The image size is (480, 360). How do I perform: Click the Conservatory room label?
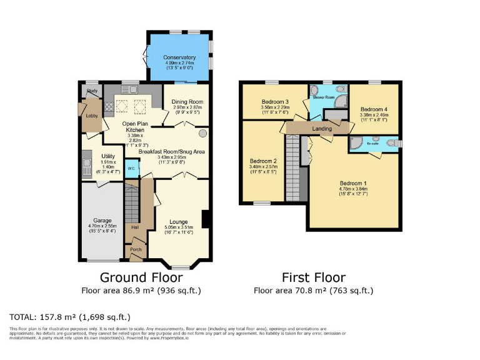click(179, 57)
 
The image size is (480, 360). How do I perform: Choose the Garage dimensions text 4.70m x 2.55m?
click(103, 228)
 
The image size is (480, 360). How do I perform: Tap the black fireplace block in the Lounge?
click(206, 219)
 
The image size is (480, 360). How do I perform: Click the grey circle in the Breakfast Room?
click(202, 134)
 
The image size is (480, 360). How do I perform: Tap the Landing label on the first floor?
click(322, 129)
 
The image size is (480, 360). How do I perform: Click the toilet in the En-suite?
click(391, 144)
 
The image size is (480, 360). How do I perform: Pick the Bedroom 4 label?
click(374, 107)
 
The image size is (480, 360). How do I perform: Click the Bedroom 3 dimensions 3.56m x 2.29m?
click(275, 107)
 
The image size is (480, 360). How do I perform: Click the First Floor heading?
click(313, 277)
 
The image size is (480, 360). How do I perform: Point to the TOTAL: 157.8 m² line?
click(70, 317)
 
